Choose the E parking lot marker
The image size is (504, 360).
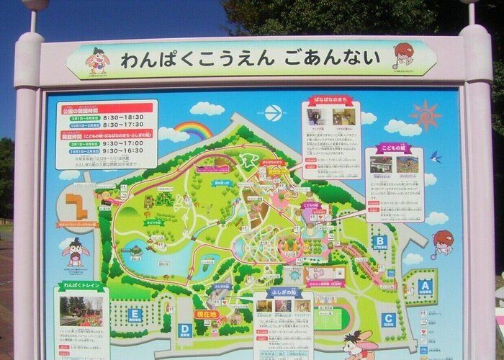click(x=134, y=314)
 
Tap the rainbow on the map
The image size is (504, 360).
click(x=192, y=130)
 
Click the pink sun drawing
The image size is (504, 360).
click(x=424, y=114)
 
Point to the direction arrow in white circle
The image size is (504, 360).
click(x=271, y=112)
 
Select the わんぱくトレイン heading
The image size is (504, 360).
click(x=80, y=285)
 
